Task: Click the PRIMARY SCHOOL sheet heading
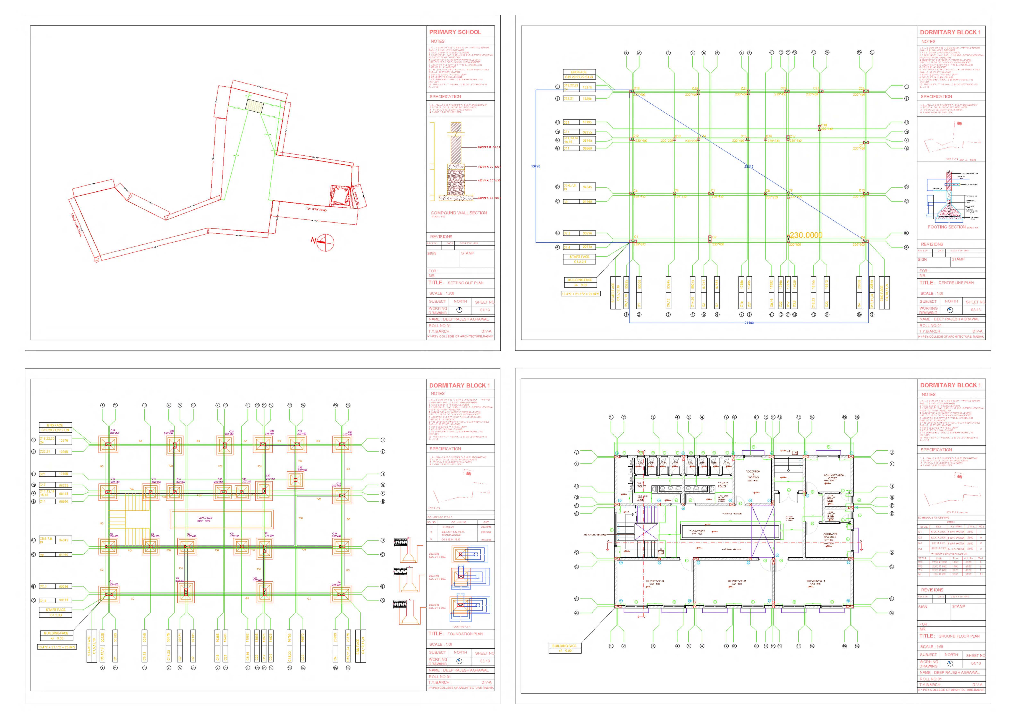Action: tap(455, 32)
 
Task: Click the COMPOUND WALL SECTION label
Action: tap(459, 213)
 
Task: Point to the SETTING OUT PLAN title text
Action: tap(466, 283)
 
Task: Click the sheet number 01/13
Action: tap(485, 310)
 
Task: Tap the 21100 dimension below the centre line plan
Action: tap(749, 323)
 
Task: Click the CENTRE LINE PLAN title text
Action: tap(956, 283)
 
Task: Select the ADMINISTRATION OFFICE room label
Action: tap(834, 477)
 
